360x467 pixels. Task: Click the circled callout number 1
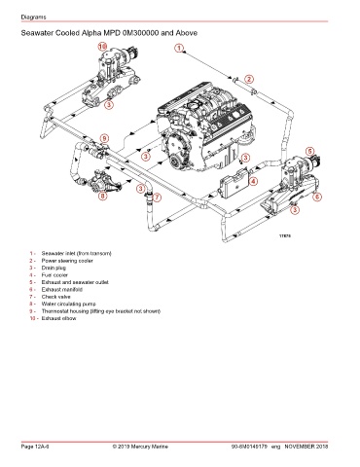[x=179, y=48]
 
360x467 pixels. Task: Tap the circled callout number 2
[x=249, y=79]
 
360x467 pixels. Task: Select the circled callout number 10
[x=102, y=47]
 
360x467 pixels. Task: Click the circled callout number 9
[x=104, y=138]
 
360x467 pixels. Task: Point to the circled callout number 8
[x=102, y=196]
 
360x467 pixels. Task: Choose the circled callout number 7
[x=157, y=197]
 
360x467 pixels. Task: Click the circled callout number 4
[x=253, y=181]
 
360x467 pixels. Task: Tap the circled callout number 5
[x=310, y=151]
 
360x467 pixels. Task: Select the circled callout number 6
[x=317, y=197]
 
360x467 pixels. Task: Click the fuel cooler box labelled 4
[x=234, y=183]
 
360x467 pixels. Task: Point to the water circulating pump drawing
[x=104, y=182]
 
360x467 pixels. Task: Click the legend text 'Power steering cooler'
[x=67, y=261]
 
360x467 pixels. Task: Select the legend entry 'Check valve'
[x=55, y=297]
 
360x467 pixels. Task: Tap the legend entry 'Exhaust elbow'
[x=58, y=318]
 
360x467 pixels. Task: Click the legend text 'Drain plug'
[x=54, y=268]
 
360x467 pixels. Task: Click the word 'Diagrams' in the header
[x=33, y=17]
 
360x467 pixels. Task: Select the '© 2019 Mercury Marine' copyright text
[x=140, y=447]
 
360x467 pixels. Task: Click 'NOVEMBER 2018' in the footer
[x=306, y=447]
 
